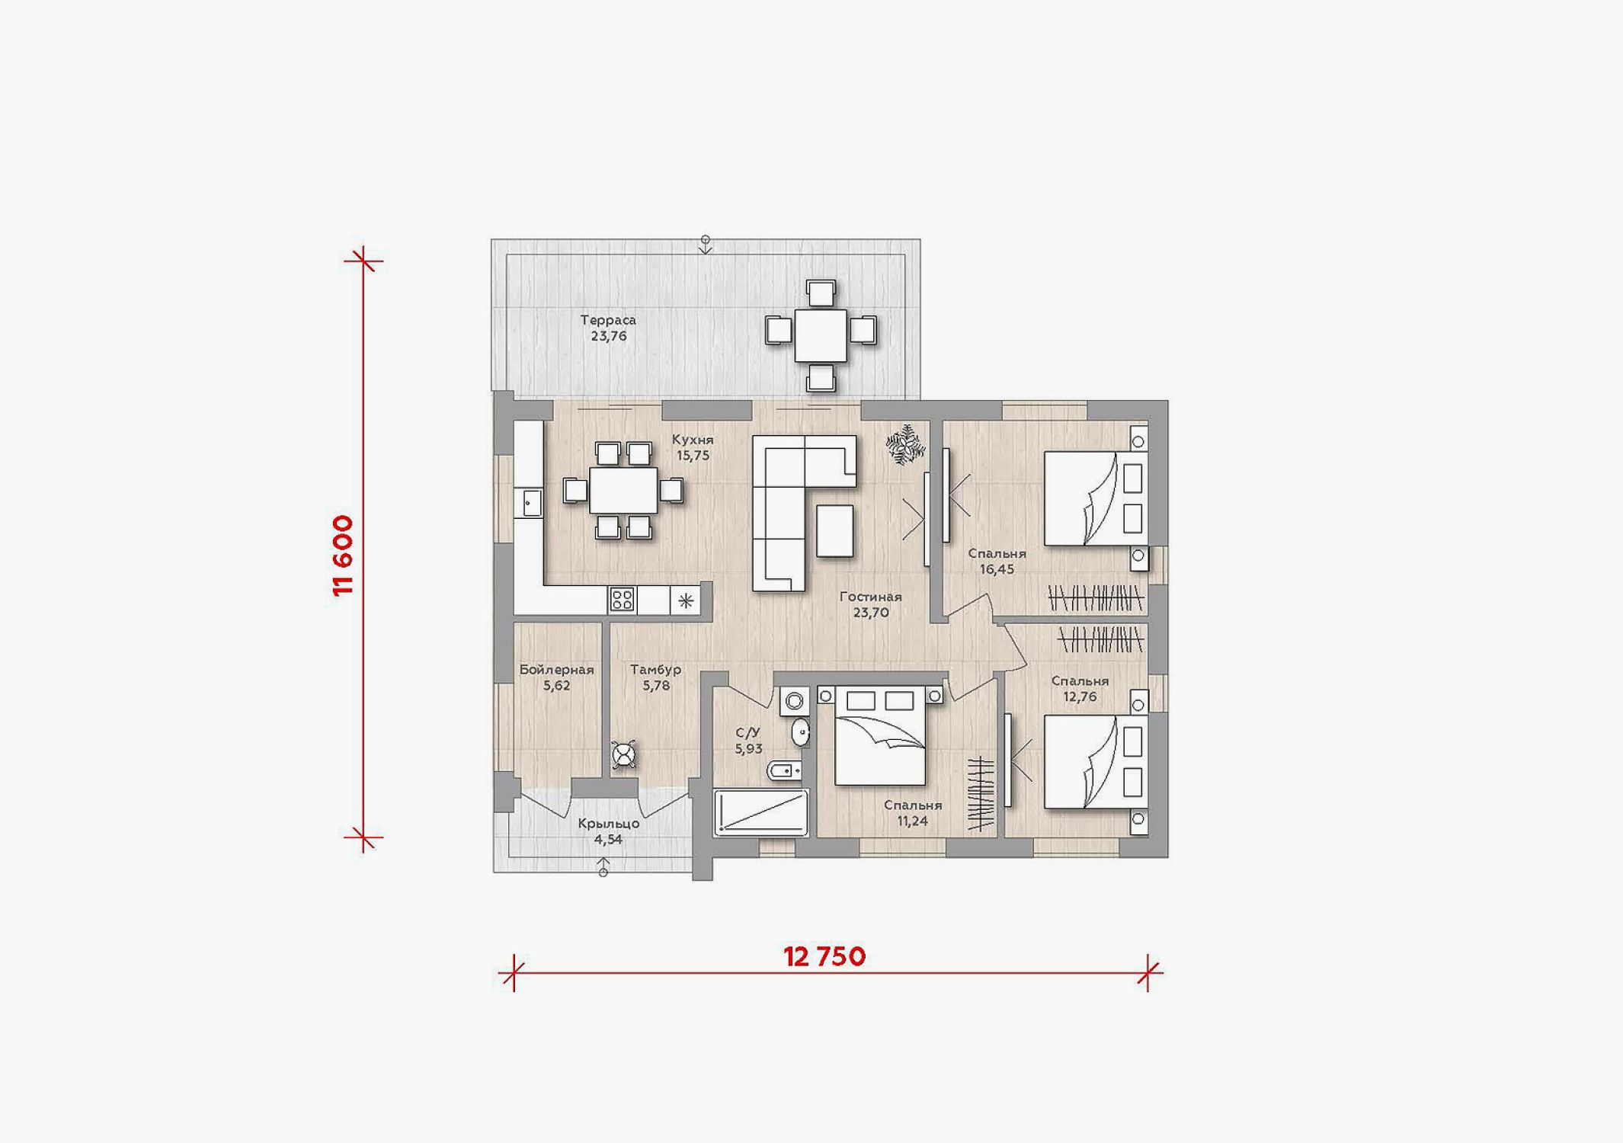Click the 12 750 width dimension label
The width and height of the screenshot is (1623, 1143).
(x=824, y=956)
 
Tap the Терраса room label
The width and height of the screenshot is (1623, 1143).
(x=608, y=320)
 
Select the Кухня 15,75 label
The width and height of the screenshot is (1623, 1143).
(x=693, y=447)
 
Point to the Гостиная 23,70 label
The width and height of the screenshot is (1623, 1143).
(x=871, y=605)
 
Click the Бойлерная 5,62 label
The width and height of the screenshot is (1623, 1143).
(x=557, y=677)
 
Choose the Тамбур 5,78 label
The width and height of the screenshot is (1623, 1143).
(x=656, y=677)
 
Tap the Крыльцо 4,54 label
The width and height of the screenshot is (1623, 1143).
(x=608, y=831)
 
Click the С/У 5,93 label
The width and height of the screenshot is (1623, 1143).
(x=748, y=740)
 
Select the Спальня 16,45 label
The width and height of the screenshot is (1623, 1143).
(x=997, y=561)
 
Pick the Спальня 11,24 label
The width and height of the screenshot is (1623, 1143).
(x=913, y=812)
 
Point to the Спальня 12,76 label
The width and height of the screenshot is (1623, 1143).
(x=1080, y=688)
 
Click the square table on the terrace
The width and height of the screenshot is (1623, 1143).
(x=821, y=335)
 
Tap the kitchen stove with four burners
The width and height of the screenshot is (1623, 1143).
(x=623, y=600)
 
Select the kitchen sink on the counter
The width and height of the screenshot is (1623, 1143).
(x=531, y=503)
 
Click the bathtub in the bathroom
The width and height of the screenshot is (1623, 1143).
(x=761, y=812)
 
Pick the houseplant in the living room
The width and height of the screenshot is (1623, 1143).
(x=905, y=443)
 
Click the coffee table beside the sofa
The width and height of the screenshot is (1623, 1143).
(x=834, y=531)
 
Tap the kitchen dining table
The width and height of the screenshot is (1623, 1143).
(x=623, y=490)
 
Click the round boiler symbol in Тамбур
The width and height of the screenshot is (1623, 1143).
(x=624, y=755)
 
